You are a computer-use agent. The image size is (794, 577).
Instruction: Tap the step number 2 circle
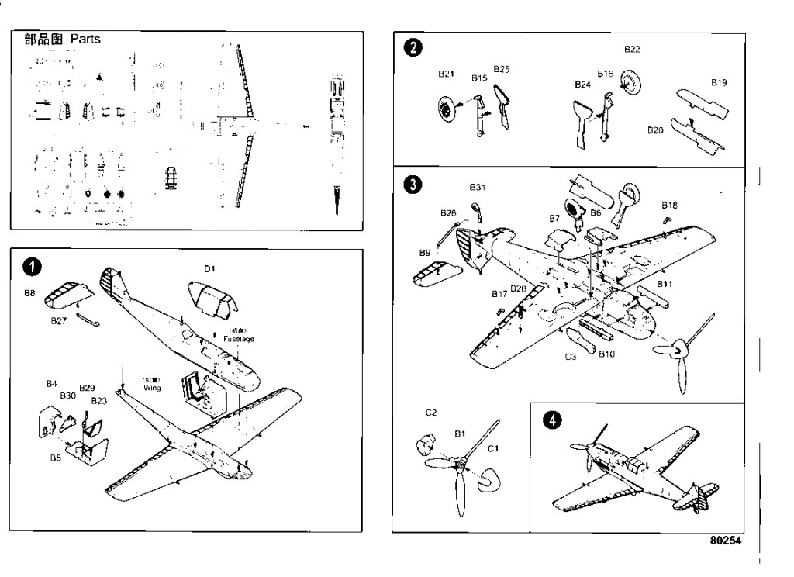[x=415, y=48]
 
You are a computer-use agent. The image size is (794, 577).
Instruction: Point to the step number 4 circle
[x=551, y=420]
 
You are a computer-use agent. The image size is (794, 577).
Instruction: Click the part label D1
[x=209, y=268]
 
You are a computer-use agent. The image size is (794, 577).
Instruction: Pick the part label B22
[x=632, y=49]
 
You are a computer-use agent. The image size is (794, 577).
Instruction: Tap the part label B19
[x=719, y=81]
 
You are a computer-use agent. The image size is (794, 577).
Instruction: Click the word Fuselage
[x=238, y=339]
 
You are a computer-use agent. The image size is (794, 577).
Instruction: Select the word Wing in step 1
[x=151, y=387]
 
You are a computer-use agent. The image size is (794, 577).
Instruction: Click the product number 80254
[x=724, y=540]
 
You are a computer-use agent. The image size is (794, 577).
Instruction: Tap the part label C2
[x=431, y=413]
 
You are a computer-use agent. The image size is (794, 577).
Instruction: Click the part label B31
[x=477, y=187]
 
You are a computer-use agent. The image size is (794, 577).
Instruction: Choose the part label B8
[x=29, y=294]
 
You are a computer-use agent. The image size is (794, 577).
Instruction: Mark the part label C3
[x=570, y=357]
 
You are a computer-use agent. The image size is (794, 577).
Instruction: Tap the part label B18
[x=670, y=205]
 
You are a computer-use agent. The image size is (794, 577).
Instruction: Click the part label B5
[x=56, y=458]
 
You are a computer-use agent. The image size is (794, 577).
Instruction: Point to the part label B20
[x=655, y=131]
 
